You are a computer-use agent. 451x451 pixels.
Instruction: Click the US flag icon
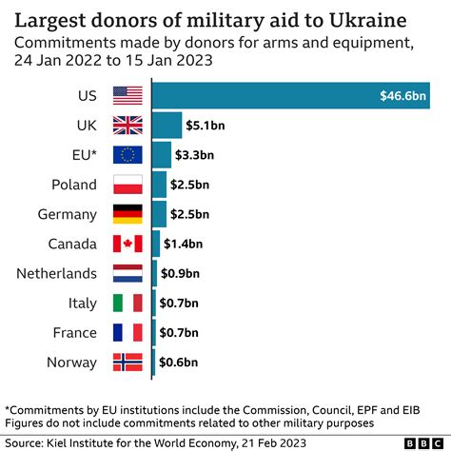point(127,95)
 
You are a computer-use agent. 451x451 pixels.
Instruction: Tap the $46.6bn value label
point(403,95)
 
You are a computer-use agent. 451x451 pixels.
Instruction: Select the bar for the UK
point(167,125)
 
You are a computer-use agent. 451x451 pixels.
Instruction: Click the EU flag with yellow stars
point(127,154)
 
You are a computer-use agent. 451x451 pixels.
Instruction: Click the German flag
point(127,214)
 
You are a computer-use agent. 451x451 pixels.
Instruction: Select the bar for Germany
point(159,214)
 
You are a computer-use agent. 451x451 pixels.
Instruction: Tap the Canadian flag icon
point(127,244)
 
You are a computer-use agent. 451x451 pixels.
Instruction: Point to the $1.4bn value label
point(184,244)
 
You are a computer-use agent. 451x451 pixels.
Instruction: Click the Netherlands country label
point(56,274)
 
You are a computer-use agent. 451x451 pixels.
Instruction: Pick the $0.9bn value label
point(181,274)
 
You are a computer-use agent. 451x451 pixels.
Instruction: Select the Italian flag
point(127,304)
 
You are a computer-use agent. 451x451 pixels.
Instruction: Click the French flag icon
point(127,333)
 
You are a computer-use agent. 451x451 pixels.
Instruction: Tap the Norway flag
point(127,363)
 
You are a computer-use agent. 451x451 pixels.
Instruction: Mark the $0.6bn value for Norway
point(178,363)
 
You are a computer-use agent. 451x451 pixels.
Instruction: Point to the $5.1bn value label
point(206,125)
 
